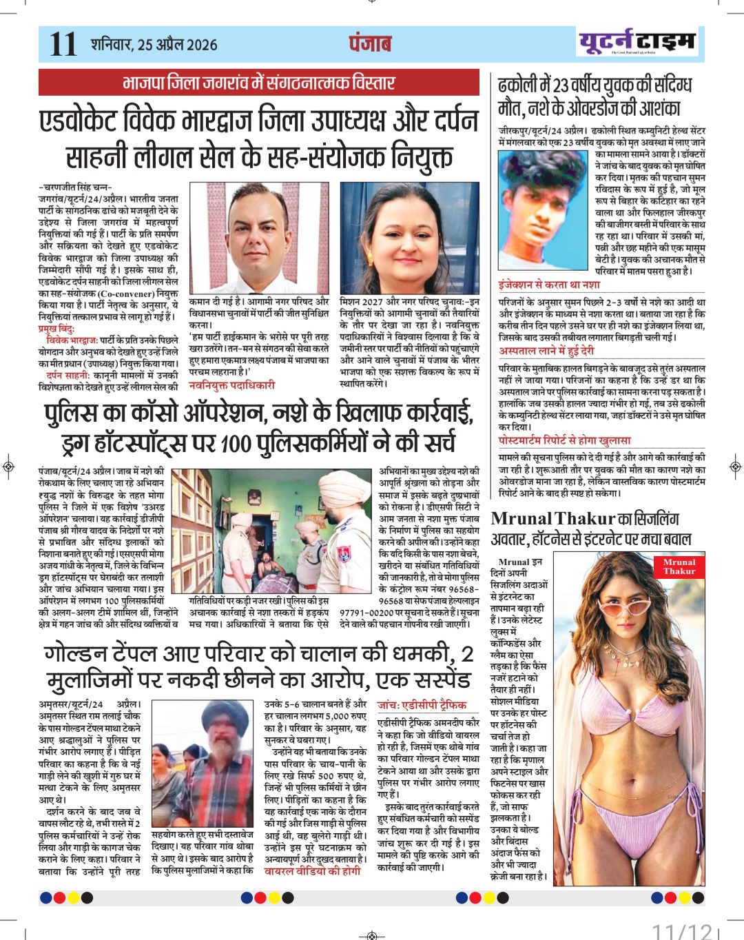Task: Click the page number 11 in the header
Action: (63, 44)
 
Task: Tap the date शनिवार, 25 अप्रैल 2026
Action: (154, 45)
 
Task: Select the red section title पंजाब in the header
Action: (370, 43)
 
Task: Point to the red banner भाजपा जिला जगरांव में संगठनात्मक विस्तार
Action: (258, 83)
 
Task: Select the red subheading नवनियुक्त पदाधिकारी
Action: (231, 385)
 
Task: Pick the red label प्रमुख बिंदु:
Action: (56, 329)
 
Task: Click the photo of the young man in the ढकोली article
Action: (544, 212)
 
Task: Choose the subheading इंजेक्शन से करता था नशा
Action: (549, 284)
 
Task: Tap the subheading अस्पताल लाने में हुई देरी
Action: (546, 351)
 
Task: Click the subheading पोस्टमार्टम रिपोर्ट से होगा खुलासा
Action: (564, 440)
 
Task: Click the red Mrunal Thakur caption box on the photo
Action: (679, 566)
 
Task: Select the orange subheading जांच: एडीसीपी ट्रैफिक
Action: (422, 705)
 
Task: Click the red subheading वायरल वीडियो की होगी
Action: (313, 871)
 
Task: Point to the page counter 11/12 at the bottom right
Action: (682, 930)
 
